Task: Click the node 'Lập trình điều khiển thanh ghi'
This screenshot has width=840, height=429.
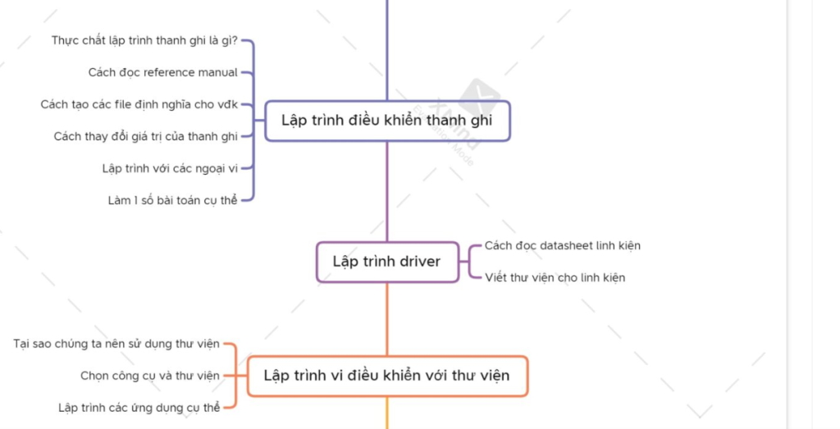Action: [x=387, y=121]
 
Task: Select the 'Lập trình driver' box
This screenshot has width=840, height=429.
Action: [x=387, y=262]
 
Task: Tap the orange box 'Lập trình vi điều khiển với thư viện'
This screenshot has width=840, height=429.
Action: [x=387, y=376]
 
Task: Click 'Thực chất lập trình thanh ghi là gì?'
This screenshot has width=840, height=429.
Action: [x=144, y=40]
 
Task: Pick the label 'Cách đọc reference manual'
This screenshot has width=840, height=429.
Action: [x=163, y=72]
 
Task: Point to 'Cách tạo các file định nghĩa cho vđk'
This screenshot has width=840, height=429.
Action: [x=139, y=104]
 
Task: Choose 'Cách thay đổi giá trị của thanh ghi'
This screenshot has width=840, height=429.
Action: [x=146, y=136]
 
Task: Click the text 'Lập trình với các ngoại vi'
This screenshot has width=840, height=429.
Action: [x=170, y=168]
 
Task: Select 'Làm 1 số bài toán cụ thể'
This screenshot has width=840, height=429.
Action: [x=172, y=199]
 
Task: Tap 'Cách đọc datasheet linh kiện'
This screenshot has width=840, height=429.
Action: [x=563, y=245]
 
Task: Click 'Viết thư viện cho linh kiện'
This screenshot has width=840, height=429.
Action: [x=555, y=277]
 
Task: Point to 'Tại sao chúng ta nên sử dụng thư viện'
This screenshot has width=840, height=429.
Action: [x=116, y=344]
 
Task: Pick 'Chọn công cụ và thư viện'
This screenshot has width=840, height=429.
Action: [x=150, y=376]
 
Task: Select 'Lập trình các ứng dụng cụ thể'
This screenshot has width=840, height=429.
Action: [x=139, y=408]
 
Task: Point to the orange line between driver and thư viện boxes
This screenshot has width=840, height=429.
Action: [x=387, y=319]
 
